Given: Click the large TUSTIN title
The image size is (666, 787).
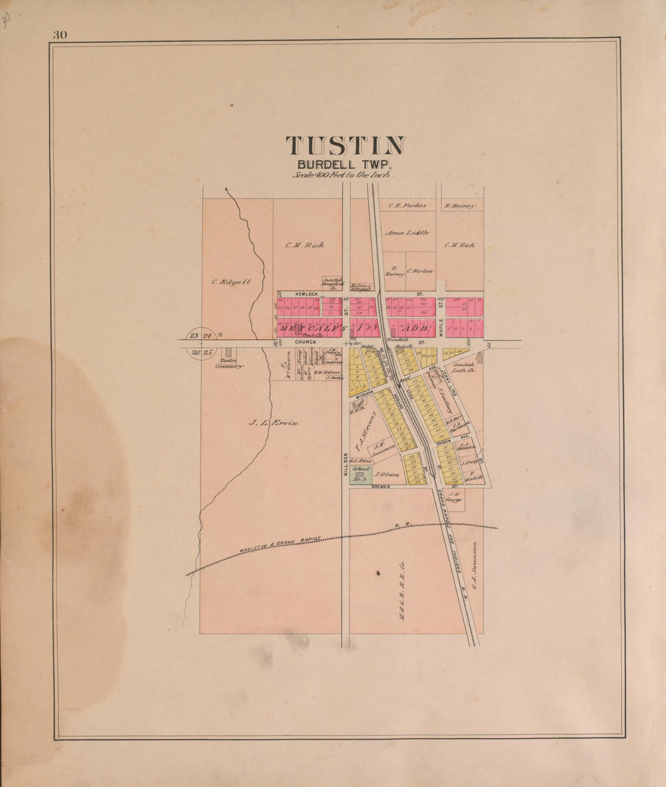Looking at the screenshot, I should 345,146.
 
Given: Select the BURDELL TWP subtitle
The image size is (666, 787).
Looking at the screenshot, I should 345,163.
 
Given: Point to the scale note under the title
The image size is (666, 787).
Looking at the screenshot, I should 343,175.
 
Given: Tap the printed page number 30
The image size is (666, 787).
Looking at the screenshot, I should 60,34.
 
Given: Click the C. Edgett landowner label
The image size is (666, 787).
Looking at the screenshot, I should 231,281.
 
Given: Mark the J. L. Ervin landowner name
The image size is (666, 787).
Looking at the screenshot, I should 274,423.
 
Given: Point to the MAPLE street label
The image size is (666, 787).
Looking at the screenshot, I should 441,328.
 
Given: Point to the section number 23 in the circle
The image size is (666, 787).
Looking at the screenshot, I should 194,336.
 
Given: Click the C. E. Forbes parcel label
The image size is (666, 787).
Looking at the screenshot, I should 407,206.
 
